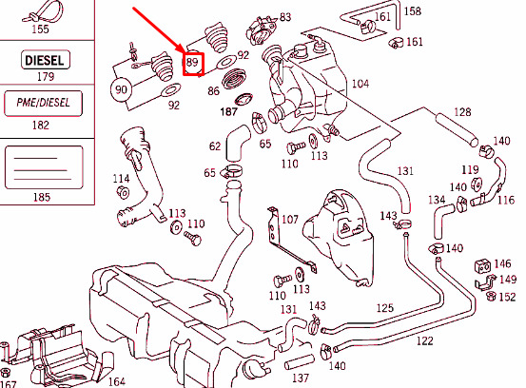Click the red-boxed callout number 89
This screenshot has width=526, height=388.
pyautogui.click(x=194, y=64)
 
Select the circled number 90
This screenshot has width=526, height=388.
pyautogui.click(x=122, y=90)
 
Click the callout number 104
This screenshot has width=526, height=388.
pyautogui.click(x=360, y=85)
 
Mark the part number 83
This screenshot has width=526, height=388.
pyautogui.click(x=285, y=18)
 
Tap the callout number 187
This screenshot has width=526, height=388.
pyautogui.click(x=229, y=112)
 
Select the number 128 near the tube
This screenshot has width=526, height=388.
pyautogui.click(x=461, y=112)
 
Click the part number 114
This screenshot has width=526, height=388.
pyautogui.click(x=121, y=179)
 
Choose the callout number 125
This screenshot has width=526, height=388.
pyautogui.click(x=384, y=308)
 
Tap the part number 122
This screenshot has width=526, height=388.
pyautogui.click(x=424, y=340)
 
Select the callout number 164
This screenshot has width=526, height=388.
pyautogui.click(x=116, y=381)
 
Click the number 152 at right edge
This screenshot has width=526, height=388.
pyautogui.click(x=507, y=297)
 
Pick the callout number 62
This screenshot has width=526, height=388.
pyautogui.click(x=215, y=146)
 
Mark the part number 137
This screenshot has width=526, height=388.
pyautogui.click(x=301, y=378)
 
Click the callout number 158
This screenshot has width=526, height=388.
pyautogui.click(x=413, y=11)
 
